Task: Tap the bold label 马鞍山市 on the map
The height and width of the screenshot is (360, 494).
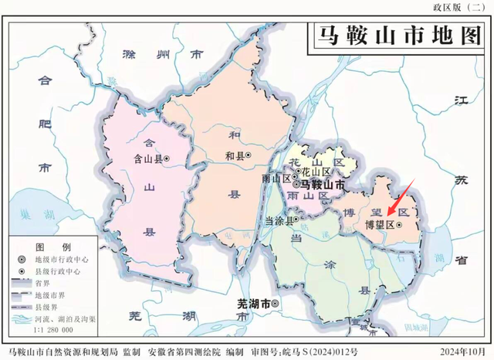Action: (x=323, y=185)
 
